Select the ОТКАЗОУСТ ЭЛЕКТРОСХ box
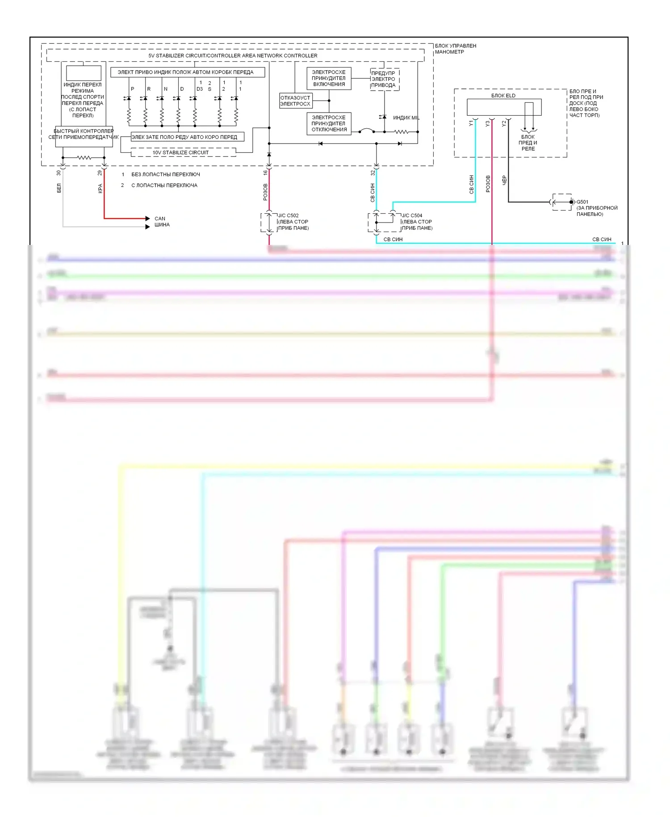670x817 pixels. tap(295, 101)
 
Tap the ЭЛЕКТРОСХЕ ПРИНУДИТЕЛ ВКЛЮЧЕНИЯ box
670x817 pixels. tap(329, 78)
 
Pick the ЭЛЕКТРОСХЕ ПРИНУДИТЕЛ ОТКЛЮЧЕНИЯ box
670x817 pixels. tap(329, 123)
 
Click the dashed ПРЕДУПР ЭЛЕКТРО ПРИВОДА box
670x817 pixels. tap(384, 79)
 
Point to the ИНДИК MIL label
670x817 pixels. tap(406, 118)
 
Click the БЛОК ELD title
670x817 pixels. tap(503, 95)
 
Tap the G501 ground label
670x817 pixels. tap(582, 202)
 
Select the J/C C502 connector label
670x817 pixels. tap(289, 215)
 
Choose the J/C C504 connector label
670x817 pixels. tap(412, 215)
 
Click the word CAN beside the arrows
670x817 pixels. tap(159, 219)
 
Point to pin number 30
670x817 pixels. tap(59, 173)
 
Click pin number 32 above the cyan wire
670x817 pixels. tap(373, 173)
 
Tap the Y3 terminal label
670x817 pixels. tap(488, 124)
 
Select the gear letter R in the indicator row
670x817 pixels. tap(149, 89)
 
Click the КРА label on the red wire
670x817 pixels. tap(100, 189)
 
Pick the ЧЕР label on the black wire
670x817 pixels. tap(504, 180)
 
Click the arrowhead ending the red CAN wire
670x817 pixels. tap(147, 219)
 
